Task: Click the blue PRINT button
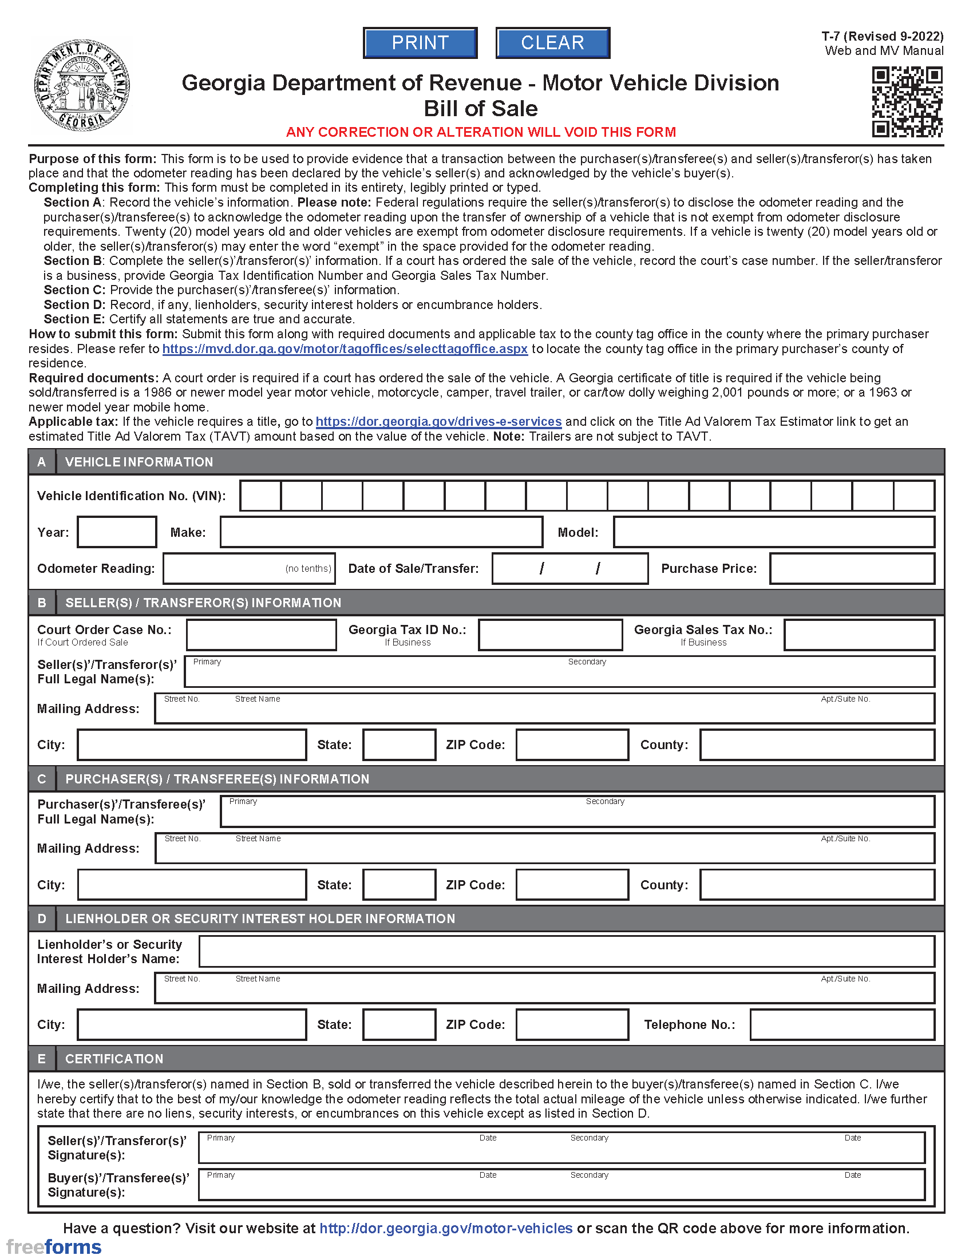click(420, 43)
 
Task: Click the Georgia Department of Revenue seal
click(82, 86)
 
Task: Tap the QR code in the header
click(907, 101)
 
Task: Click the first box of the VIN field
click(260, 496)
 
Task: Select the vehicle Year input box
click(117, 532)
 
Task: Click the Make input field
click(381, 532)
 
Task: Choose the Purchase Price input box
click(852, 568)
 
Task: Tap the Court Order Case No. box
click(261, 635)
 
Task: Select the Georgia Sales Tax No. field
click(859, 635)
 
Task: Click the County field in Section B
click(817, 745)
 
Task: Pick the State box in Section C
click(399, 885)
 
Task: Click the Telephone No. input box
click(841, 1024)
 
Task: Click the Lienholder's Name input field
click(566, 951)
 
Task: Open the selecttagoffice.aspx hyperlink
click(345, 349)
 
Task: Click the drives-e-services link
click(438, 421)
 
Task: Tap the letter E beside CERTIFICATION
click(42, 1058)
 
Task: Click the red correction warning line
click(481, 132)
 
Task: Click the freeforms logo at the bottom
click(54, 1246)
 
